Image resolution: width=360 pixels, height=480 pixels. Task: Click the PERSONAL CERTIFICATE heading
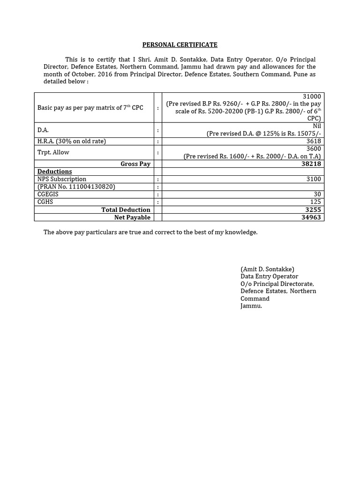pos(180,45)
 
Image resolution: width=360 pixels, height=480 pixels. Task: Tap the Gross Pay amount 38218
pos(311,164)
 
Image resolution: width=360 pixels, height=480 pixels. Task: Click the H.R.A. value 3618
pos(314,141)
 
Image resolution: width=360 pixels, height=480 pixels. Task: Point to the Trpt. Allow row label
pos(53,152)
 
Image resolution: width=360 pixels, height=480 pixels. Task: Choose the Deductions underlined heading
pos(54,172)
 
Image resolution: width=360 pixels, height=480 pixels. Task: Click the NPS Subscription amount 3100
pos(314,179)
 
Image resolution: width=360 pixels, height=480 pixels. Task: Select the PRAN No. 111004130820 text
pos(76,187)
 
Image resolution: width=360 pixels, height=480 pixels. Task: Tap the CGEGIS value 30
pos(317,195)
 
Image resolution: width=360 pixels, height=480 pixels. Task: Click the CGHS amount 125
pos(315,202)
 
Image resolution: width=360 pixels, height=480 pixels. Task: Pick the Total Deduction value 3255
pos(311,210)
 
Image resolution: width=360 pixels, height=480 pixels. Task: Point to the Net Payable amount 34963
pos(311,217)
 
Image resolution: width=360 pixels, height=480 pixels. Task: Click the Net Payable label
pos(132,217)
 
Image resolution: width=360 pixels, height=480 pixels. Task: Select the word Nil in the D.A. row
pos(316,126)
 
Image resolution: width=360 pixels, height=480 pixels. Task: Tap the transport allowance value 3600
pos(314,149)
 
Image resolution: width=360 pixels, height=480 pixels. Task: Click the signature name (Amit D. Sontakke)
pos(267,269)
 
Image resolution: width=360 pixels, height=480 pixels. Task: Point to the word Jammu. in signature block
pos(251,306)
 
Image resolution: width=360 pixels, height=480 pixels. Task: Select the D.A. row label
pos(43,130)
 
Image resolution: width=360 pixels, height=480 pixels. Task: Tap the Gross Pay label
pos(135,164)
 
